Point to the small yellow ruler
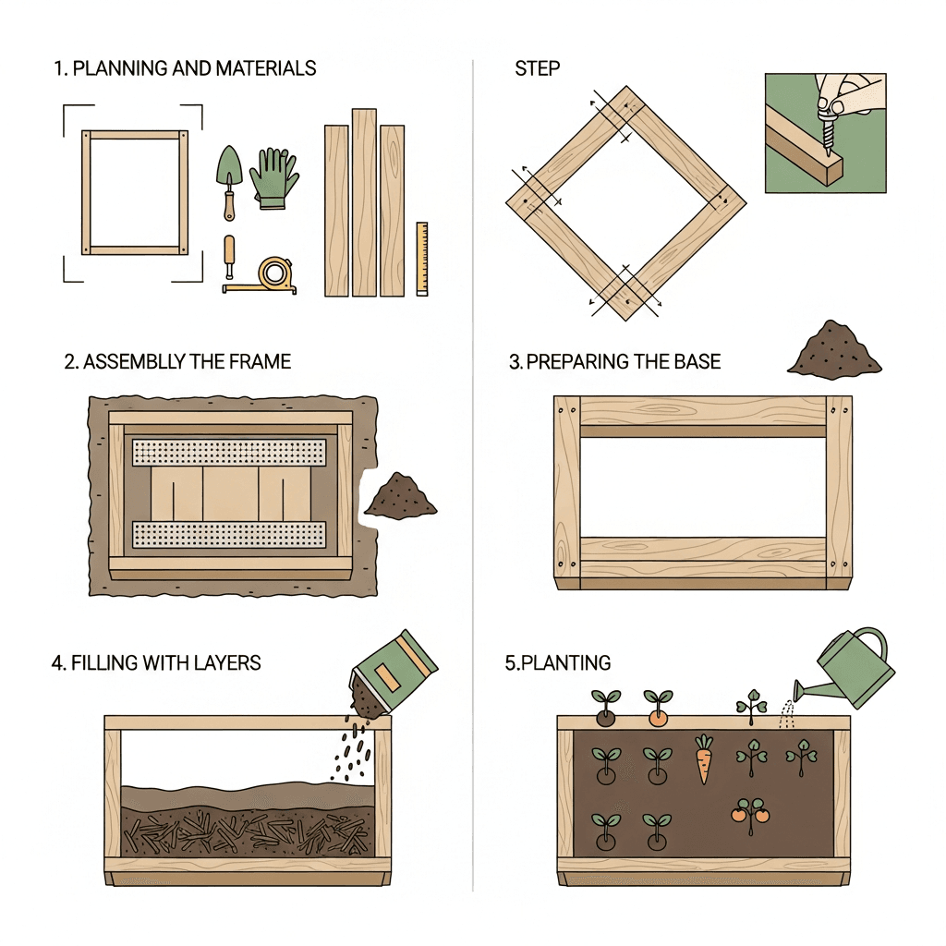[421, 258]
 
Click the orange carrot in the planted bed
[705, 759]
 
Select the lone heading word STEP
[537, 68]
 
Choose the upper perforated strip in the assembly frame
[230, 453]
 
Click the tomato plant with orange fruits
[750, 813]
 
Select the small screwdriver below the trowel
[229, 256]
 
